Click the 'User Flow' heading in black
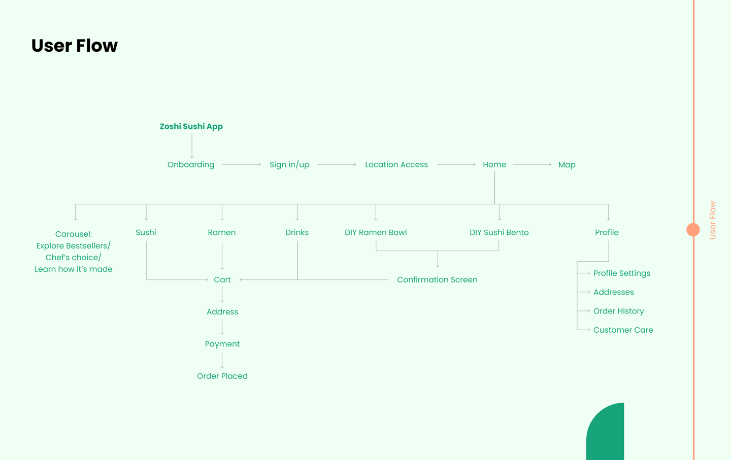tap(75, 45)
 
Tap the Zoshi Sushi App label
tap(191, 126)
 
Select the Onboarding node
tap(191, 165)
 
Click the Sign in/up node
tap(289, 165)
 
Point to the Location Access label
tap(396, 165)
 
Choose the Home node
tap(494, 165)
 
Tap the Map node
tap(567, 165)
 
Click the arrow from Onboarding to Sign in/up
tap(242, 165)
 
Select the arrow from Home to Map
tap(532, 165)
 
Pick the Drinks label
tap(297, 232)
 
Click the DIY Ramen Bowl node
tap(376, 232)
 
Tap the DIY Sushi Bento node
tap(499, 232)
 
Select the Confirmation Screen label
tap(437, 280)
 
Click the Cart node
tap(222, 280)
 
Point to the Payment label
tap(222, 344)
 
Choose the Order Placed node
tap(222, 376)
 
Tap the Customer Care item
tap(623, 330)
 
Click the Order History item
tap(619, 311)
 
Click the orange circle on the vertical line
tap(693, 230)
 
